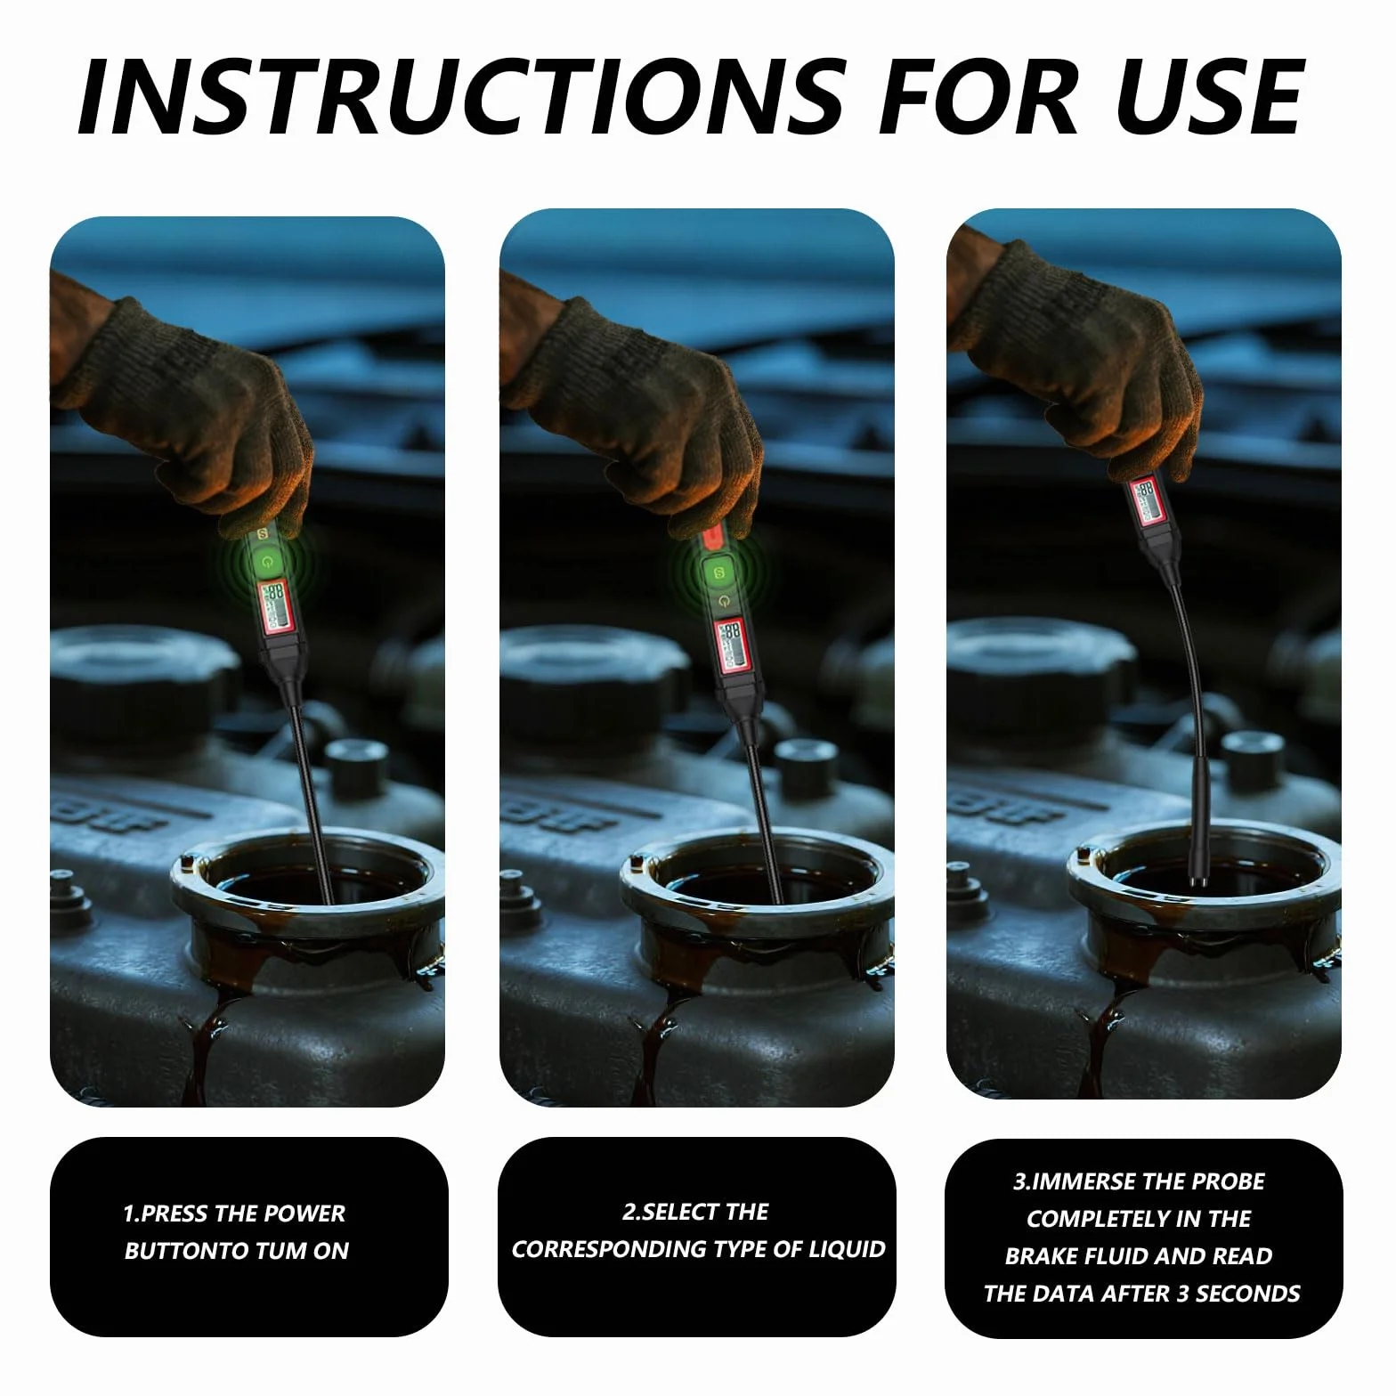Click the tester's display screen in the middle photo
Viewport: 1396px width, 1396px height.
coord(732,643)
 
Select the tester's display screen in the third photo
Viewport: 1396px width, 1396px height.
coord(1143,499)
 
